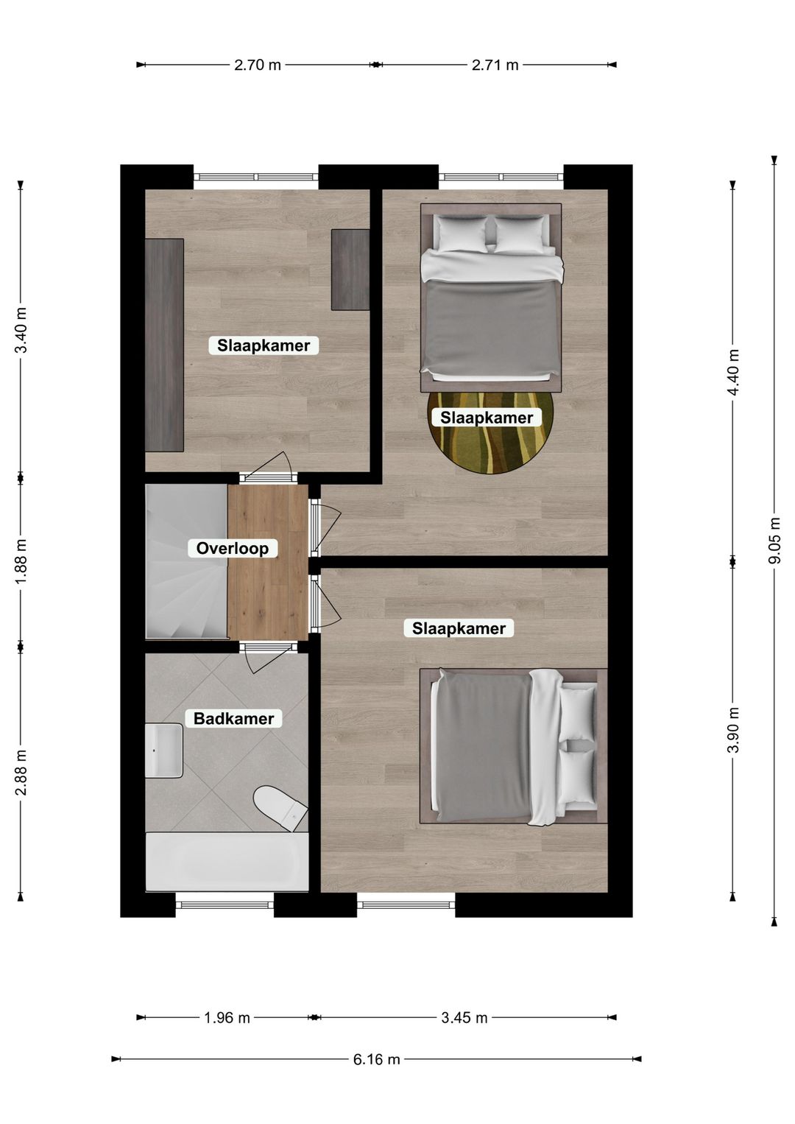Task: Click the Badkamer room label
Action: (x=234, y=719)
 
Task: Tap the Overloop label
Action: (x=232, y=548)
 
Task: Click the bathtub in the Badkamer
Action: (x=227, y=862)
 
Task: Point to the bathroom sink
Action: (x=163, y=750)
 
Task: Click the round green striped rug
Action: (x=491, y=432)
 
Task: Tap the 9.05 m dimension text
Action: (x=774, y=541)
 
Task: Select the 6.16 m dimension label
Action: (x=377, y=1059)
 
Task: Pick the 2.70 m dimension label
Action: (x=258, y=65)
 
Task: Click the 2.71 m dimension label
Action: (x=495, y=65)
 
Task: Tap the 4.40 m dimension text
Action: (x=733, y=372)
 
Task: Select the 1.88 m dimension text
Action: (x=21, y=561)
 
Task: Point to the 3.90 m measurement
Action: (x=733, y=730)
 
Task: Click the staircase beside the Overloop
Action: (x=186, y=561)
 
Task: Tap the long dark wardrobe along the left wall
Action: (x=164, y=345)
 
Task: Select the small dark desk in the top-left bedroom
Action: (x=350, y=270)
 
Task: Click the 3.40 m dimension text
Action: (x=21, y=330)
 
